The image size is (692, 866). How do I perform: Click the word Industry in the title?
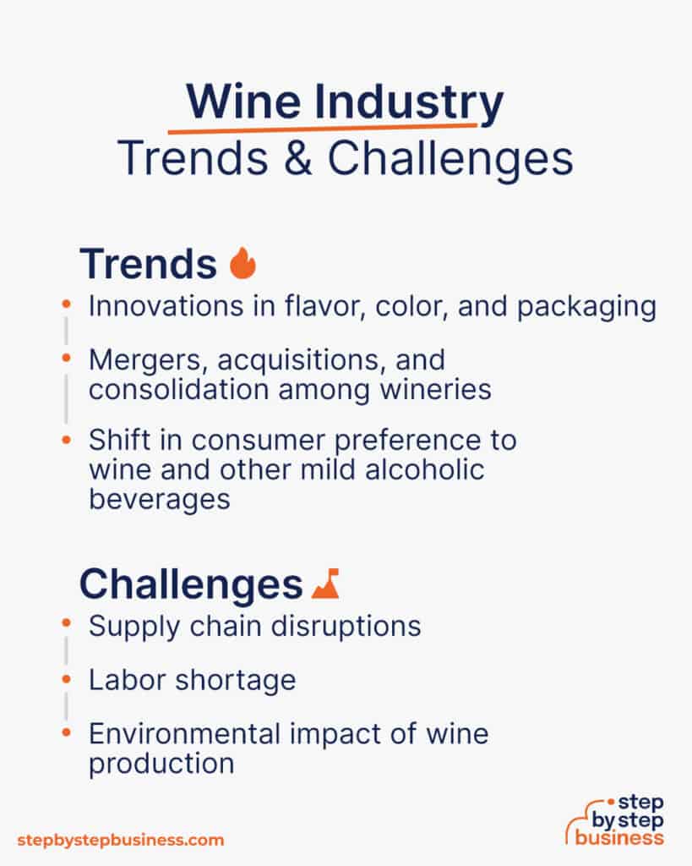click(x=404, y=104)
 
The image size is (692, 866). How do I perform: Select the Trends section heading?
click(x=148, y=264)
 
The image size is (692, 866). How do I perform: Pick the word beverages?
click(x=159, y=499)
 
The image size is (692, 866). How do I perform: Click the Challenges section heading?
click(x=190, y=584)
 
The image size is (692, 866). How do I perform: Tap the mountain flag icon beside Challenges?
click(x=325, y=584)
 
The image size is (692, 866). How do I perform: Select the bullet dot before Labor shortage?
click(x=67, y=678)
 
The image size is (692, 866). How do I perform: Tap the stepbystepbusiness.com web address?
click(x=121, y=840)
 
